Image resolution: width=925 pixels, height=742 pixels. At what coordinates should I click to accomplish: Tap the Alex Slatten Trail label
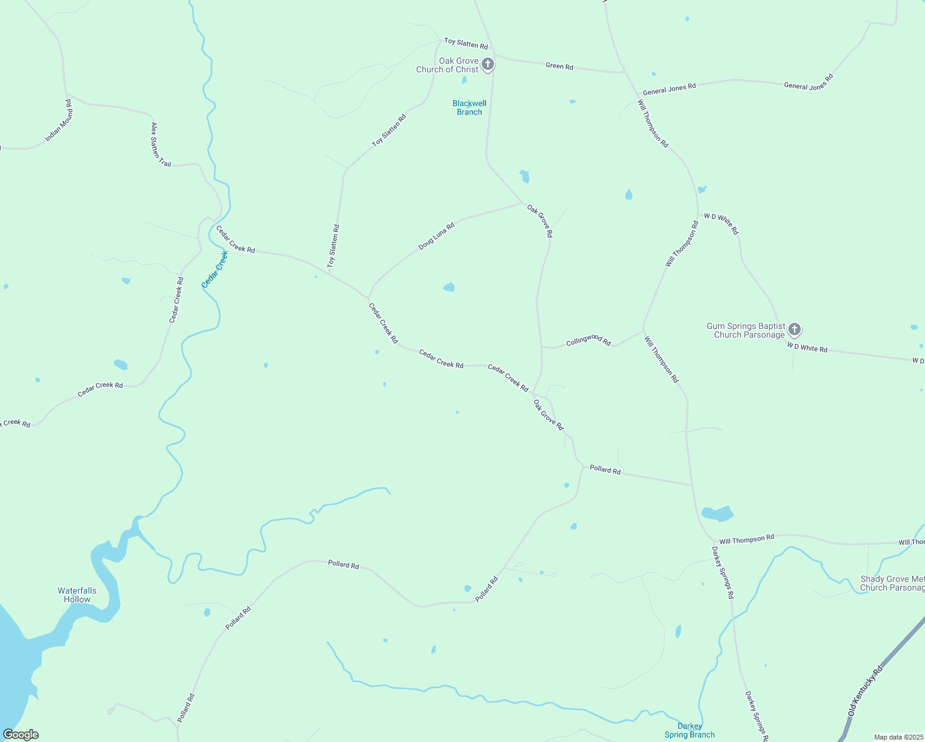pos(161,145)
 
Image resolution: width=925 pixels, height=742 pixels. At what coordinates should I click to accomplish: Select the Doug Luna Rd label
pos(437,236)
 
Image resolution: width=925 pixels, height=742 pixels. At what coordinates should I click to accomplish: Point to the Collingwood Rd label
pos(588,340)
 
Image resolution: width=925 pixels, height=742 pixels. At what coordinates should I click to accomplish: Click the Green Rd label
pos(559,66)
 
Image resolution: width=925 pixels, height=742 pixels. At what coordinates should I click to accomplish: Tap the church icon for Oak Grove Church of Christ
pos(488,64)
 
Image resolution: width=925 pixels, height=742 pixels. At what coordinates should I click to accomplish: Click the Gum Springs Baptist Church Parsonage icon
pos(795,329)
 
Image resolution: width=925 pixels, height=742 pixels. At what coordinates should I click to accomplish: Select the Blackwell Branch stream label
pos(469,108)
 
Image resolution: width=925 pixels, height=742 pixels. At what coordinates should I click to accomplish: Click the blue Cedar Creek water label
pos(215,269)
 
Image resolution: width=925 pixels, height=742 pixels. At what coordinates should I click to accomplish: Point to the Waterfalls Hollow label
pos(77,595)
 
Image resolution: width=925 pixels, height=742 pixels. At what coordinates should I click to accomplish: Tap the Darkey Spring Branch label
pos(689,730)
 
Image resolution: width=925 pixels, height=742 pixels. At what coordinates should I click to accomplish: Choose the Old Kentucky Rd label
pos(866,691)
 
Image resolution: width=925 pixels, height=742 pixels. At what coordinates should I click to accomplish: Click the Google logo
pos(21,735)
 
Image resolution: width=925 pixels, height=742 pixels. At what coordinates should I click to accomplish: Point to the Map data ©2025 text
pos(898,737)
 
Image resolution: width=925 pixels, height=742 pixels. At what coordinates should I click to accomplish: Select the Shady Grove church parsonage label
pos(892,583)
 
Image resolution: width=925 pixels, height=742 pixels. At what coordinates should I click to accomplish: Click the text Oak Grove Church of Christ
pos(447,65)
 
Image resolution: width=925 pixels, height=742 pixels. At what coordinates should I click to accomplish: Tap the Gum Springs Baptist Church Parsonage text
pos(746,330)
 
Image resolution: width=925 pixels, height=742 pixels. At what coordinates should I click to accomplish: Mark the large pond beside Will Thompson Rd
pos(717,513)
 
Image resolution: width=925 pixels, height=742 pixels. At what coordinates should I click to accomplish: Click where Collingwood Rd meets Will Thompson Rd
pos(643,330)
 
